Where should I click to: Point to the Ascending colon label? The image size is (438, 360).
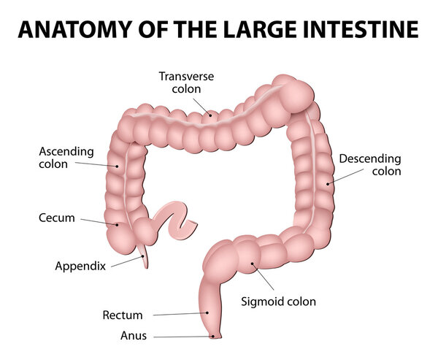[x=66, y=158]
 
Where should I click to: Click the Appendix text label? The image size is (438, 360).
[x=80, y=266]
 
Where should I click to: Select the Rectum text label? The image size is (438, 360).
[x=123, y=315]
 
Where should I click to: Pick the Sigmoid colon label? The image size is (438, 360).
[x=278, y=300]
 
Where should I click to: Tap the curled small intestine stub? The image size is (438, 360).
[x=174, y=218]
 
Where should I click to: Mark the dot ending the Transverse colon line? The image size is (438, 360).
[x=210, y=115]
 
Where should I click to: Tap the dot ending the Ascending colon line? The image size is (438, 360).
[x=116, y=166]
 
